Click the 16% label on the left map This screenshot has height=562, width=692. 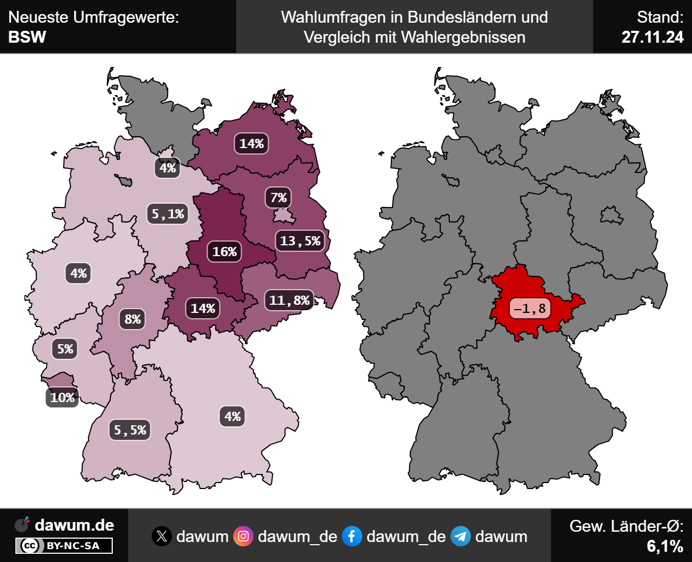[x=224, y=252]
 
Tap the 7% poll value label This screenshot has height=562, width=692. [x=278, y=198]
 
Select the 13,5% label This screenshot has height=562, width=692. [x=300, y=241]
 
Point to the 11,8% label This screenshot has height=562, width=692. [x=289, y=300]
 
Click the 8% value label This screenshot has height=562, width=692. [x=132, y=319]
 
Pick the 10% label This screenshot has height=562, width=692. [x=62, y=398]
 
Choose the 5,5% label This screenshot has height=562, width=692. [x=130, y=430]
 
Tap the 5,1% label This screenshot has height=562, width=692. [x=168, y=214]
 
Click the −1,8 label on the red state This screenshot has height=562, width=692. [x=530, y=309]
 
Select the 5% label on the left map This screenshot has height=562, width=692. [x=65, y=349]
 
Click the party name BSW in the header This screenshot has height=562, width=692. [x=27, y=37]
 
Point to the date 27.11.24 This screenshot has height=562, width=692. [x=652, y=37]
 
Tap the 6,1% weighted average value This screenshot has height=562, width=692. [x=665, y=546]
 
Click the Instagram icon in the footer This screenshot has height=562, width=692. [x=243, y=536]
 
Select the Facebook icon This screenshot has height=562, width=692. [x=352, y=536]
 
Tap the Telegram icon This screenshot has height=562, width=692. [x=461, y=536]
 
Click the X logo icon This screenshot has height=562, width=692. [x=162, y=536]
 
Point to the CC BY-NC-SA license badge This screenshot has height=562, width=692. [x=64, y=546]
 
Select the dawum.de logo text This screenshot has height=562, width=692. [x=74, y=525]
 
